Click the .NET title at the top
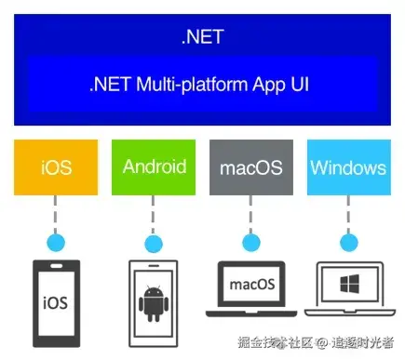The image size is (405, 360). point(203,37)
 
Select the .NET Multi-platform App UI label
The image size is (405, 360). point(199,85)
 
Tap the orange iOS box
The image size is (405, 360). point(56,167)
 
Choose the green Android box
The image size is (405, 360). point(154,167)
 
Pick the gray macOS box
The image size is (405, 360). point(251,167)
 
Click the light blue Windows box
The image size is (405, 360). point(349,167)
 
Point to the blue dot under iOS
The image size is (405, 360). point(56,243)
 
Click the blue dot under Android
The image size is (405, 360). point(154,244)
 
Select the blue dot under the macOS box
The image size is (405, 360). point(251,243)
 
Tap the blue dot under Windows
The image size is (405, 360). point(349,243)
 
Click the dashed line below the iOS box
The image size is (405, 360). point(56,214)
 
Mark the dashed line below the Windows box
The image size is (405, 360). point(348,214)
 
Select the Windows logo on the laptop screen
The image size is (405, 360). point(350,284)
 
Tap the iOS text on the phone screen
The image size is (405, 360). point(55,302)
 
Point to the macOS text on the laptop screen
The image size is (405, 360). point(252,285)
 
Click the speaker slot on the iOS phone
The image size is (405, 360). point(56,266)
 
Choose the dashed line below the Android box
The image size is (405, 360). point(153,215)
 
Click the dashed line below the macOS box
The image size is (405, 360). point(250,214)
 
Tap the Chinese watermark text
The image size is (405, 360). point(316,343)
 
